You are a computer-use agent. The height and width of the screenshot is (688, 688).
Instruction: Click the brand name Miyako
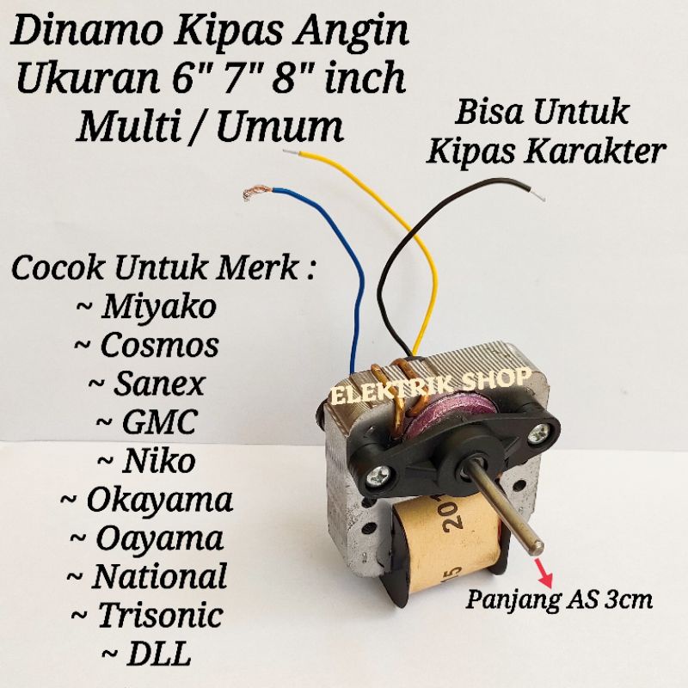click(159, 307)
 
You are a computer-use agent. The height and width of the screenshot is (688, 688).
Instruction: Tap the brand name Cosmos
click(160, 345)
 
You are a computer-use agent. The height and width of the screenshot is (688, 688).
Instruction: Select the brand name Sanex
click(159, 384)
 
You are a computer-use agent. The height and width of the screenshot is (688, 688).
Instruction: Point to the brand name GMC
click(159, 421)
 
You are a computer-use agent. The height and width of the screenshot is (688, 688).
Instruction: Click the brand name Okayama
click(160, 501)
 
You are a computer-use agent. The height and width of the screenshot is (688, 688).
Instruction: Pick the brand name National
click(159, 575)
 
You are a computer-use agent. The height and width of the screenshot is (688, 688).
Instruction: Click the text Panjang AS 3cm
click(559, 599)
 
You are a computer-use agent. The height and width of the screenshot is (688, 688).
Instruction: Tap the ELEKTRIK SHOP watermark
click(430, 385)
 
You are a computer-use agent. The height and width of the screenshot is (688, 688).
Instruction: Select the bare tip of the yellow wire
click(292, 153)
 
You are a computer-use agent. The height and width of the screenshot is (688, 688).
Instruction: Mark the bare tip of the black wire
click(538, 194)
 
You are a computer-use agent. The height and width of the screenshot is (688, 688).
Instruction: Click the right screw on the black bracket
click(536, 434)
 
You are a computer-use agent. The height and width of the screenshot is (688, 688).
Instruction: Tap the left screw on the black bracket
click(376, 475)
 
